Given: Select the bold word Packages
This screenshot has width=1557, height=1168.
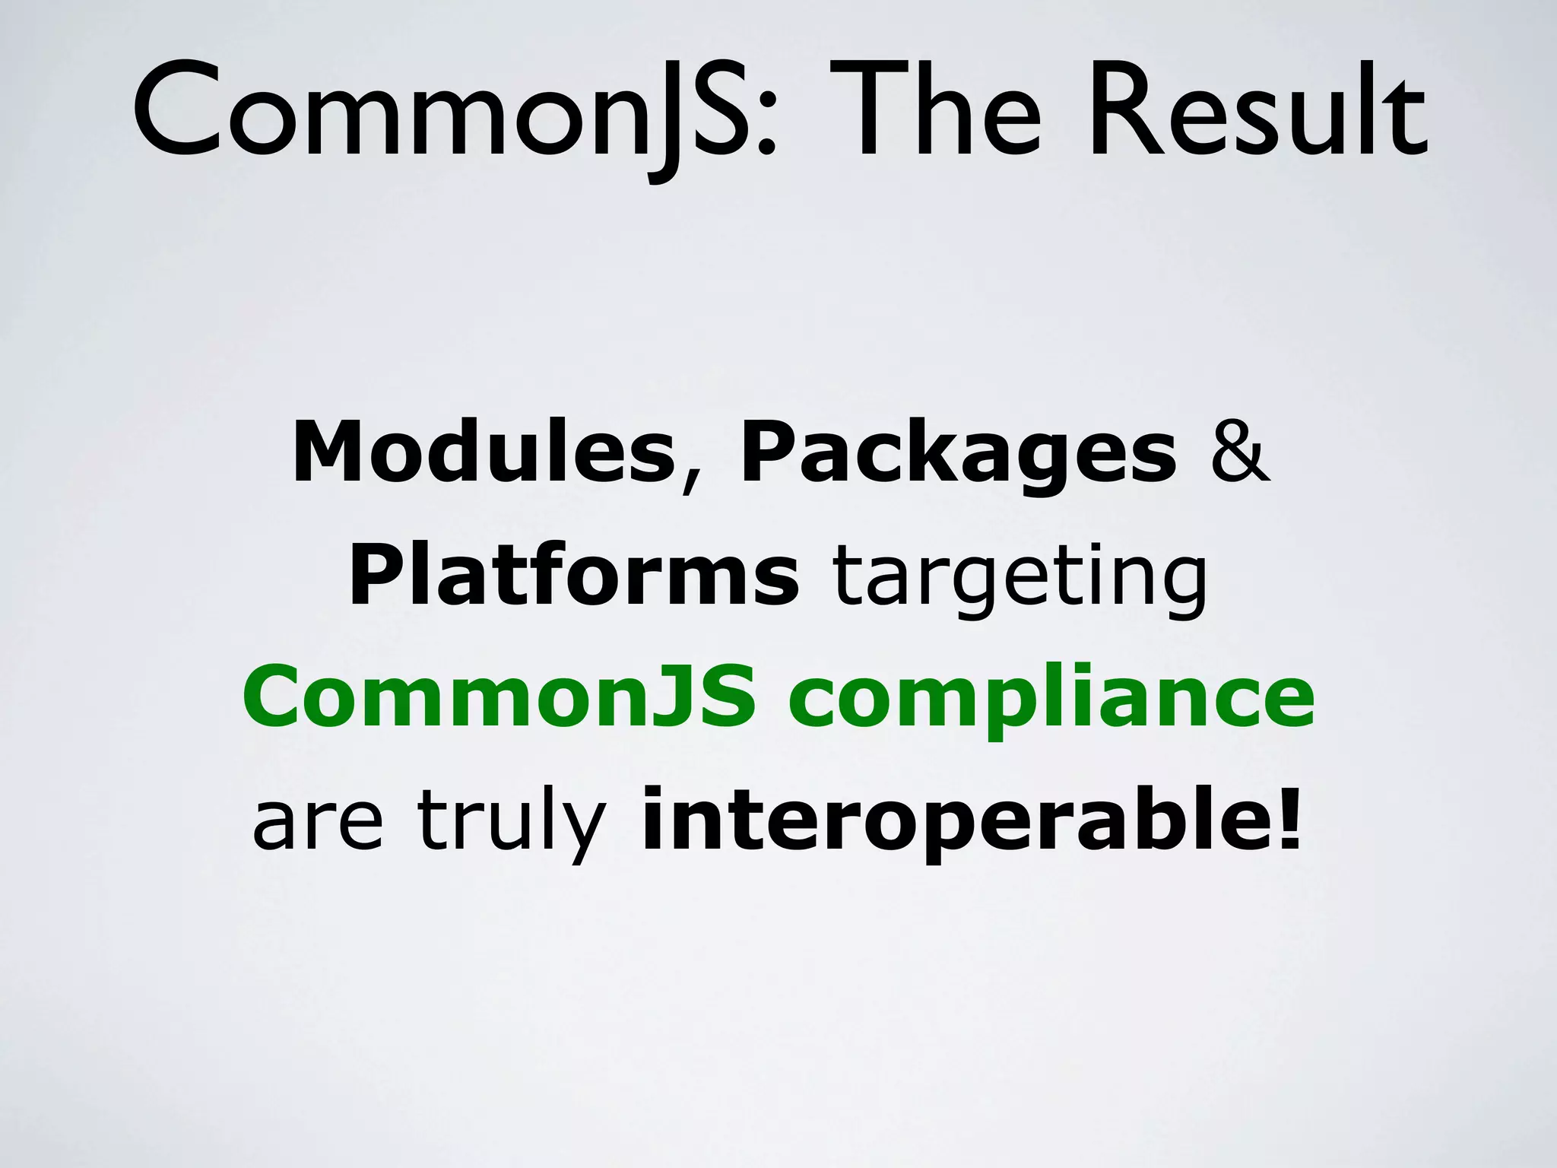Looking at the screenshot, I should click(x=958, y=454).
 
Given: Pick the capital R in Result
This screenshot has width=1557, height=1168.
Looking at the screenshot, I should click(x=1125, y=114).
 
